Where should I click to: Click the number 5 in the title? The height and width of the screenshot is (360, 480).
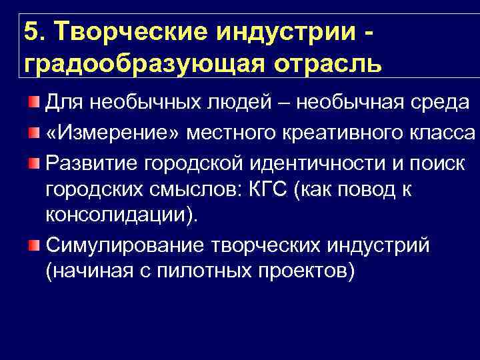click(x=29, y=31)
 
